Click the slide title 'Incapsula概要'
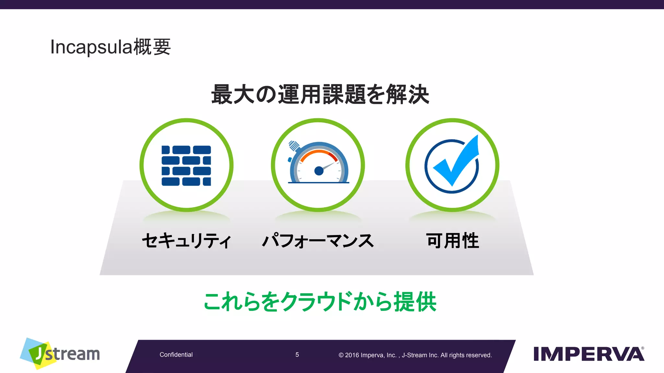pos(110,47)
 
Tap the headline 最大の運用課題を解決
pos(320,95)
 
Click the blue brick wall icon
pos(186,166)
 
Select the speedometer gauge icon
pos(318,164)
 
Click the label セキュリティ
pos(186,241)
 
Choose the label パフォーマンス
pos(318,241)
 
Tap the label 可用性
pos(453,241)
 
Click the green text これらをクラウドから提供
pos(320,302)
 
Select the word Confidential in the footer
pos(176,355)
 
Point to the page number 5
pos(297,355)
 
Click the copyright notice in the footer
pos(415,355)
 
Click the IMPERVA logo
pos(588,354)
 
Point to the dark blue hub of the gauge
pos(319,171)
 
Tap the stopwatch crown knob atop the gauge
pos(294,145)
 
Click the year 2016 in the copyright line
pos(352,355)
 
